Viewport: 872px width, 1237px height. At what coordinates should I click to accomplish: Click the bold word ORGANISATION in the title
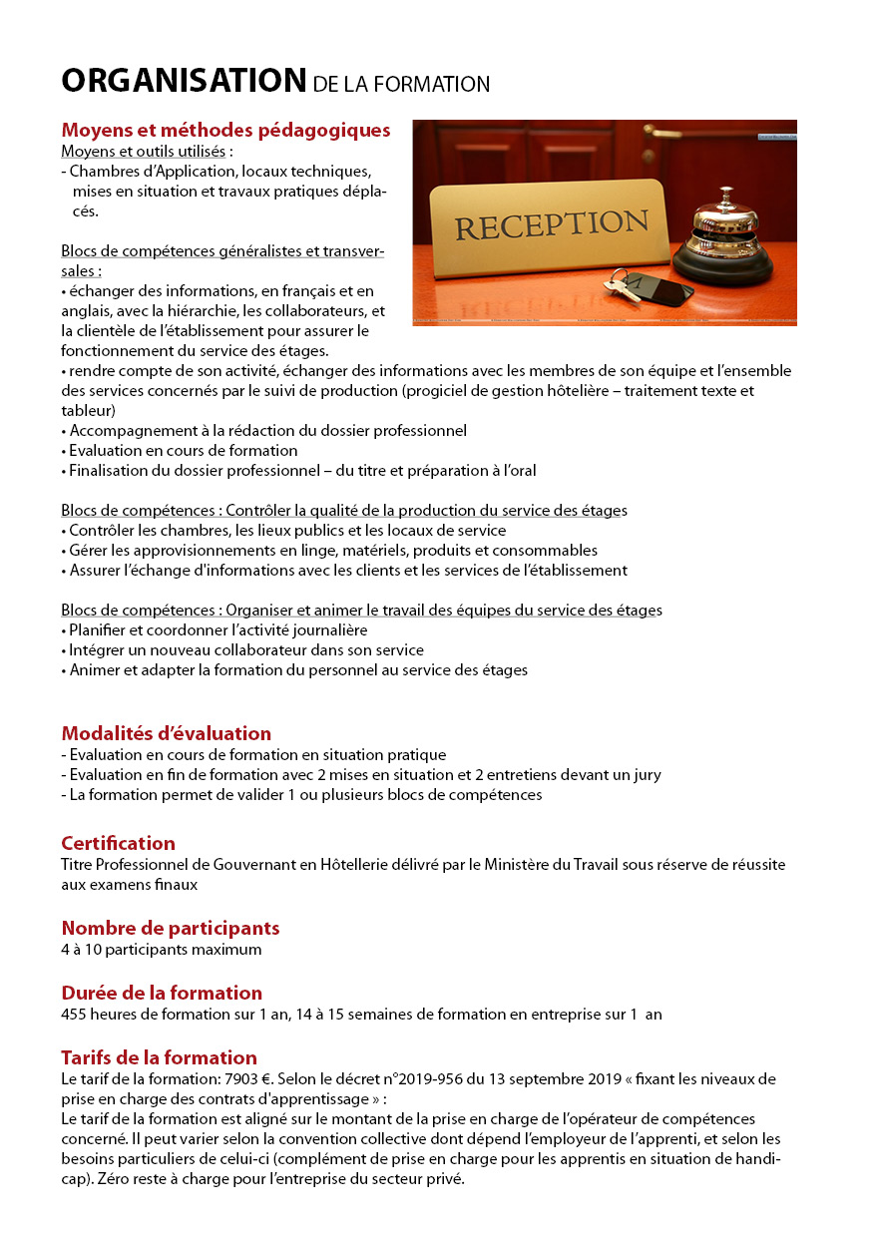tap(184, 81)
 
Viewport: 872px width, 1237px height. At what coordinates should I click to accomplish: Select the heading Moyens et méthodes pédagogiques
tap(225, 131)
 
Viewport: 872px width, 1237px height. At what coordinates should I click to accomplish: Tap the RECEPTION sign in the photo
tap(551, 223)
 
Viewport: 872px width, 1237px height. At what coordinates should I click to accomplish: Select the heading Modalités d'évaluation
tap(166, 734)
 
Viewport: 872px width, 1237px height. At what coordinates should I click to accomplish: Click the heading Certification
tap(118, 844)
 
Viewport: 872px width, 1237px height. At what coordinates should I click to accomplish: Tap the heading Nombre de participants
tap(170, 929)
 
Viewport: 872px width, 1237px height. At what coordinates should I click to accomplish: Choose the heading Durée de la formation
tap(162, 994)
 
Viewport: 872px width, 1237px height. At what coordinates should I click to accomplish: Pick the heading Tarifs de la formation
tap(159, 1058)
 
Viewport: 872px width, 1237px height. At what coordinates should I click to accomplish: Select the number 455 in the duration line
tap(74, 1015)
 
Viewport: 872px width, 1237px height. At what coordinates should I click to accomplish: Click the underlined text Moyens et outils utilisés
tap(144, 152)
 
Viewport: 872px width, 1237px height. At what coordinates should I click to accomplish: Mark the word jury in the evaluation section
tap(646, 775)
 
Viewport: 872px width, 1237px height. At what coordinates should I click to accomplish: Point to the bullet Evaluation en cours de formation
tap(183, 451)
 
